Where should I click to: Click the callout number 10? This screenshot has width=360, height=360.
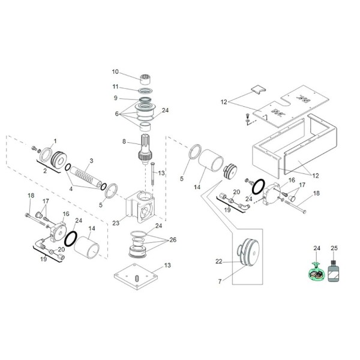tap(115, 72)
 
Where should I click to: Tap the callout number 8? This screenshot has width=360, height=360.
tap(124, 142)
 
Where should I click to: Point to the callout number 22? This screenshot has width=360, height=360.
tap(220, 261)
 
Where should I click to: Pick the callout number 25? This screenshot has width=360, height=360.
tap(334, 247)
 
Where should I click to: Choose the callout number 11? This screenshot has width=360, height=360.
tap(115, 86)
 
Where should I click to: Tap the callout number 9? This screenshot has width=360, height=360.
tap(115, 98)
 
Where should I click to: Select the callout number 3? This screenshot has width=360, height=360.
tap(91, 160)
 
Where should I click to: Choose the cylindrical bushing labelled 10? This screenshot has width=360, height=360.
tap(144, 79)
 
